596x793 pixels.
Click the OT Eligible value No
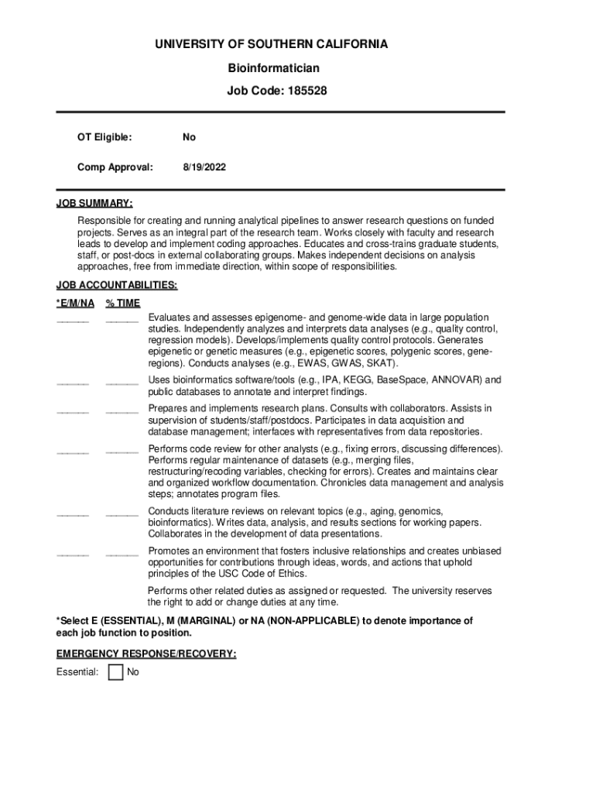(189, 138)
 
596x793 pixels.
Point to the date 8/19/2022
(204, 166)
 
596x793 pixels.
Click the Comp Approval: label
(115, 166)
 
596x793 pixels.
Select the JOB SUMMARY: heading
(94, 204)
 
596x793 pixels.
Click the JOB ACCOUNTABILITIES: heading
(117, 286)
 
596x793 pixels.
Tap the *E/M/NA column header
(75, 304)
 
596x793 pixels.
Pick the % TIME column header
(123, 304)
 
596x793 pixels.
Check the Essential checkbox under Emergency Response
(116, 672)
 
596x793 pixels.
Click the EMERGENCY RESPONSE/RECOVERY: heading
(146, 654)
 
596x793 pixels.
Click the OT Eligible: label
(104, 138)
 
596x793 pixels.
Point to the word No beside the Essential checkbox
(133, 672)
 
